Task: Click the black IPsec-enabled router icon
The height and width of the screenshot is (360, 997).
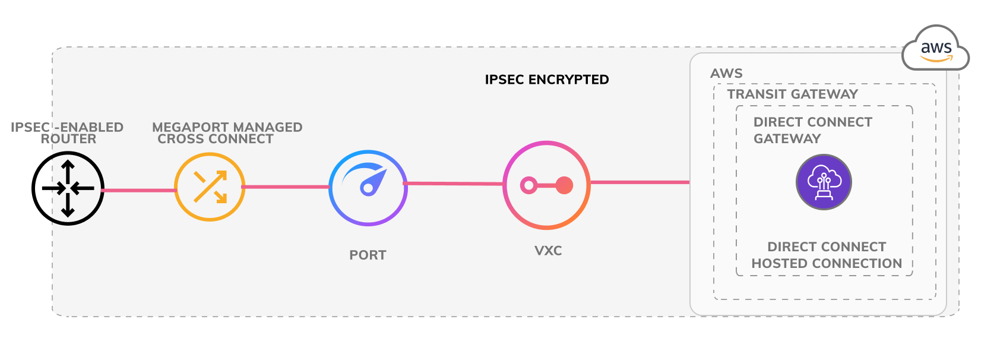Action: [x=68, y=188]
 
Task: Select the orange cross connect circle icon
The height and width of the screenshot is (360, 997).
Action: [x=210, y=187]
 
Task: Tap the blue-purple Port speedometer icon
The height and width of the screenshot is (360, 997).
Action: [x=368, y=188]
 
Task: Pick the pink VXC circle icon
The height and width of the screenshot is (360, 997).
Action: [x=546, y=185]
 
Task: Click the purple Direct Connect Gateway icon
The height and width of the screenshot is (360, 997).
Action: [x=824, y=182]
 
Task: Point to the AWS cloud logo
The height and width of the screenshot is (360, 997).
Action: [x=936, y=49]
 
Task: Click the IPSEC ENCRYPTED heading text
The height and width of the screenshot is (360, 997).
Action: [x=546, y=80]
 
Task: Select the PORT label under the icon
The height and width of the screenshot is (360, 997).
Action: [x=368, y=255]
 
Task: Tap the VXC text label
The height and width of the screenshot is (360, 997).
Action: [x=548, y=251]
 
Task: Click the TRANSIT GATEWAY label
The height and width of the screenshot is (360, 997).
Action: [x=792, y=94]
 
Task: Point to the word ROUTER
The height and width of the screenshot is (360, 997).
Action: [x=68, y=139]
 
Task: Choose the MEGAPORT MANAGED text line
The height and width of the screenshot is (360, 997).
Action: [x=227, y=127]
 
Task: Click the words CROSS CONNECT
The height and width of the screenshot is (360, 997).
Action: [x=216, y=139]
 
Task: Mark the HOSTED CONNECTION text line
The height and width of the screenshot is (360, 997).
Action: [x=827, y=264]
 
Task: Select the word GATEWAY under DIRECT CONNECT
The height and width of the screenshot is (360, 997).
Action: [x=787, y=139]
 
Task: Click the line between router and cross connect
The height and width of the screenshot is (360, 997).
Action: [x=139, y=190]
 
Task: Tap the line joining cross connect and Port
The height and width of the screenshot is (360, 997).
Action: [x=286, y=187]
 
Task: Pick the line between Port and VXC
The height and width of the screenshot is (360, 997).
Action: [x=454, y=184]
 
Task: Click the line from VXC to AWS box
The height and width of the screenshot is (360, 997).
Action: [x=640, y=182]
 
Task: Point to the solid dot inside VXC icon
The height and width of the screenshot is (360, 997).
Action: [x=564, y=185]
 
